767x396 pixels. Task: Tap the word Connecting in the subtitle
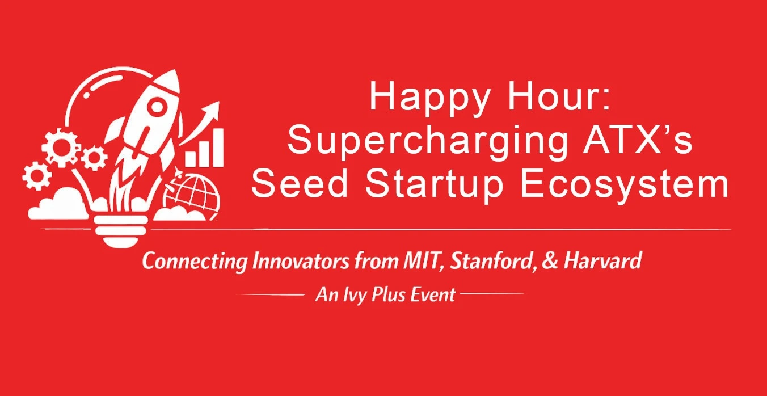[194, 262]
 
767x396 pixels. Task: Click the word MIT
[422, 262]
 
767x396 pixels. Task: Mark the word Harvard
[602, 261]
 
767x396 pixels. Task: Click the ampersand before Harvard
[550, 261]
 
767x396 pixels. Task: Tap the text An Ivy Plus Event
[385, 295]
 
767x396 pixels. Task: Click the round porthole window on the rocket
[157, 106]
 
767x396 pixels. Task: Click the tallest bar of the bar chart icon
[218, 148]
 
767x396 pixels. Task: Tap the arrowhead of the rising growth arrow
[212, 110]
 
